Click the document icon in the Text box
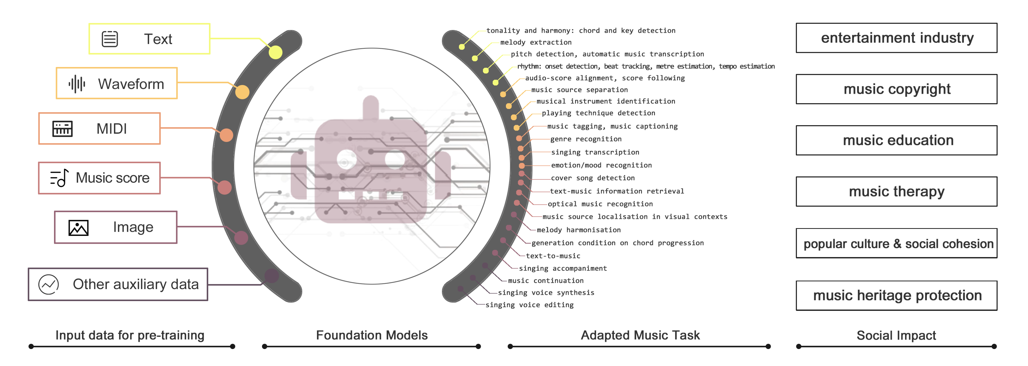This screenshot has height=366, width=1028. (x=110, y=39)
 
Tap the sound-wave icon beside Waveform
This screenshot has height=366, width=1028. (x=77, y=84)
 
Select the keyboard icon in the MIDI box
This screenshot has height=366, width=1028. (x=63, y=129)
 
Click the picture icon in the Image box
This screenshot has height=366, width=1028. (x=78, y=228)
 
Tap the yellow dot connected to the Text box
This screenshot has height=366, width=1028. (x=275, y=52)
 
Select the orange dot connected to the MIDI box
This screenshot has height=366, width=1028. (x=226, y=135)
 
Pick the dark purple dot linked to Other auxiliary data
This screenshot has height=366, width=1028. (x=272, y=276)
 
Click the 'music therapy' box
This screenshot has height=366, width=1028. (x=896, y=192)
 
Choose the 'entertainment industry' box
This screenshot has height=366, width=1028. (x=896, y=38)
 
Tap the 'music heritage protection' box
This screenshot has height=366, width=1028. (x=896, y=295)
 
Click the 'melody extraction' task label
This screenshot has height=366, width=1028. (x=536, y=42)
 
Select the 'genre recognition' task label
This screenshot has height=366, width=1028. (x=586, y=139)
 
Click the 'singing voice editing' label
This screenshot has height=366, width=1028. (x=529, y=305)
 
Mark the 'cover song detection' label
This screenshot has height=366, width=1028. (x=593, y=178)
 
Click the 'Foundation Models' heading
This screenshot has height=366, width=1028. (x=372, y=335)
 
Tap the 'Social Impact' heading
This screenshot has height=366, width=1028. (x=896, y=335)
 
